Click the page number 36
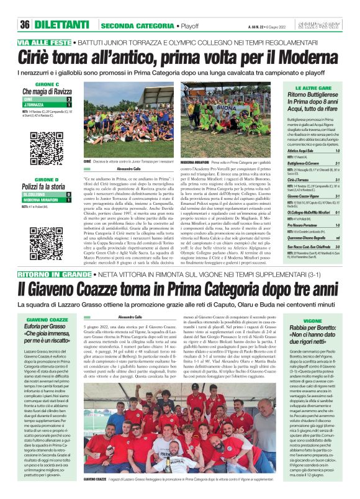pos(24,25)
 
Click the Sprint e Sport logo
pos(324,25)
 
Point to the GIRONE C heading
pos(47,84)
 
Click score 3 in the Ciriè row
pos(68,99)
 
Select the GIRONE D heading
pos(47,179)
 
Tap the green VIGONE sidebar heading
pos(312,321)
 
